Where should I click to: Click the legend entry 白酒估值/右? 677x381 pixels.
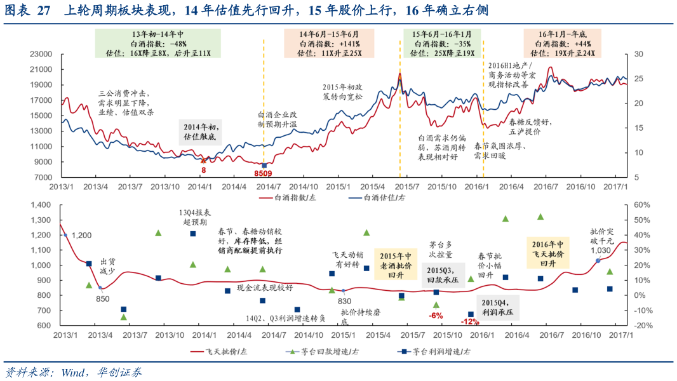(381, 197)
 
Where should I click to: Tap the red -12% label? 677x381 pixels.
(470, 321)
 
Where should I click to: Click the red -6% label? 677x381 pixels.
(436, 315)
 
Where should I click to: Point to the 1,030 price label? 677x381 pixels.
(600, 250)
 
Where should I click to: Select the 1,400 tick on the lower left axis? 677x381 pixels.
(39, 205)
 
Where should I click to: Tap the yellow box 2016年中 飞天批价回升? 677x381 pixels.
(547, 253)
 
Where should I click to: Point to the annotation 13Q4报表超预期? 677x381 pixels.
(193, 217)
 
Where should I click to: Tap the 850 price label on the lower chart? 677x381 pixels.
(103, 298)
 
